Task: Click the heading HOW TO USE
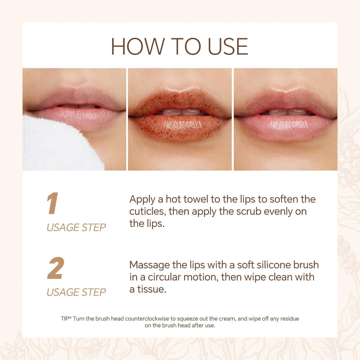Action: [x=180, y=46]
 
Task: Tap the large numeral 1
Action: [x=53, y=204]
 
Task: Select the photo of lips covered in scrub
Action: [x=180, y=119]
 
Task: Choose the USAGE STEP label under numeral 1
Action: [x=76, y=227]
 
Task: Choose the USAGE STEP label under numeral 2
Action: [x=76, y=292]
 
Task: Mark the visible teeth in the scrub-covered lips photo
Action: [x=180, y=112]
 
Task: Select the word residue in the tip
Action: [x=289, y=318]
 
